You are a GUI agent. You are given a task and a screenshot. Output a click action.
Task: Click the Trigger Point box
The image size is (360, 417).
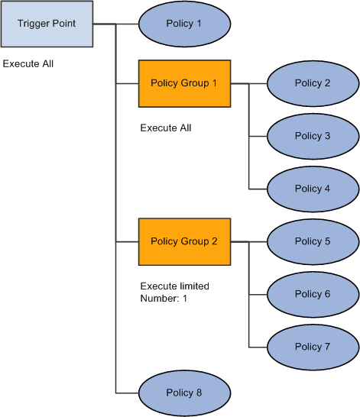point(47,24)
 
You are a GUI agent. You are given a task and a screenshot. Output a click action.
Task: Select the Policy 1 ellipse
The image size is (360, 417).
point(184,24)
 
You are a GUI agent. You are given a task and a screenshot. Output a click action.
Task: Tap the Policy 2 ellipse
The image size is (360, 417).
point(313,83)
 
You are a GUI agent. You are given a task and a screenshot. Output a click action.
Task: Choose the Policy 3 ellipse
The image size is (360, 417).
point(313,136)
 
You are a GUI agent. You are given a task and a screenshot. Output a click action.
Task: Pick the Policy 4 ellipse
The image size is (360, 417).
point(313,189)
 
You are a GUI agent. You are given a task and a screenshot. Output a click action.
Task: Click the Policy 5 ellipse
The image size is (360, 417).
point(313,241)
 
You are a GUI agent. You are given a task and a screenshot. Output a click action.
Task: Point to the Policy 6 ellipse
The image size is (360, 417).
point(313,294)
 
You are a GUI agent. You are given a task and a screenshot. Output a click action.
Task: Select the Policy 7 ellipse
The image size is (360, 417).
point(313,347)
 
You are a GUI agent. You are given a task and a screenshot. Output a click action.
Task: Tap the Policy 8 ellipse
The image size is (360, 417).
point(184,393)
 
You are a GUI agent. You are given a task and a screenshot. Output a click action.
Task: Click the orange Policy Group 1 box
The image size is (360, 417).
point(184,83)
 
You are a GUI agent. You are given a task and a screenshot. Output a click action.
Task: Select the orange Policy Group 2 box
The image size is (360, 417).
point(184,241)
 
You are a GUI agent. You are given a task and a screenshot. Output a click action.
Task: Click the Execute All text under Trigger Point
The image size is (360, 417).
point(28,64)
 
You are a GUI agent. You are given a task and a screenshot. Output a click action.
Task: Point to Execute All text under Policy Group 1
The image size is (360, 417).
point(166,128)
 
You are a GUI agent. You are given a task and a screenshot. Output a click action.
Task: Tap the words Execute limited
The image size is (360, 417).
point(175,286)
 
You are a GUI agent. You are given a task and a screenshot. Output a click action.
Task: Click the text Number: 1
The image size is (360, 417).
point(164,299)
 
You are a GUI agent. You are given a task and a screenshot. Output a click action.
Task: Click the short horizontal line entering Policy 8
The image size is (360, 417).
point(127,393)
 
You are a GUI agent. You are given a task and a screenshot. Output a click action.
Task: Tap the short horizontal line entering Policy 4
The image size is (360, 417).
point(258,189)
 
